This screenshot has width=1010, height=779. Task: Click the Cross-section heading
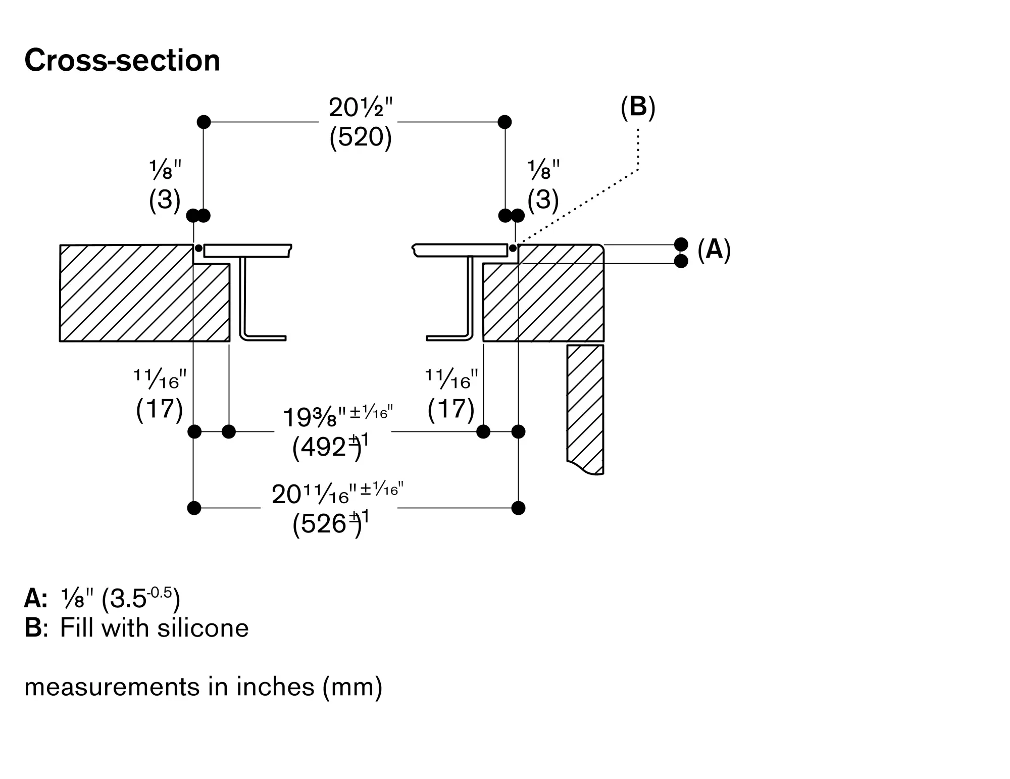pos(122,61)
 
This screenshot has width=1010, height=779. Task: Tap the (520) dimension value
pos(360,136)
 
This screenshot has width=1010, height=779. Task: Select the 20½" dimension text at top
pos(360,107)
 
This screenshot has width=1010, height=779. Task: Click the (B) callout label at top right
pos(638,107)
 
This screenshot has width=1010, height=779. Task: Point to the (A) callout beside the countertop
pos(714,250)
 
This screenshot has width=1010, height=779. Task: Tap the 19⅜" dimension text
pos(314,417)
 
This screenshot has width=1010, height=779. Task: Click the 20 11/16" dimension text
pos(310,494)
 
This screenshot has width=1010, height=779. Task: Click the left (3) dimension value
pos(164,200)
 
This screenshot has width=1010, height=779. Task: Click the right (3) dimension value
pos(543,200)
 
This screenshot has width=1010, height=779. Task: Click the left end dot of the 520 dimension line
pos(204,122)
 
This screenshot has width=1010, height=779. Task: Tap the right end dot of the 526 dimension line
pos(518,508)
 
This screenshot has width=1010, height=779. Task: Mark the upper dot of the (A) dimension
pos(681,245)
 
